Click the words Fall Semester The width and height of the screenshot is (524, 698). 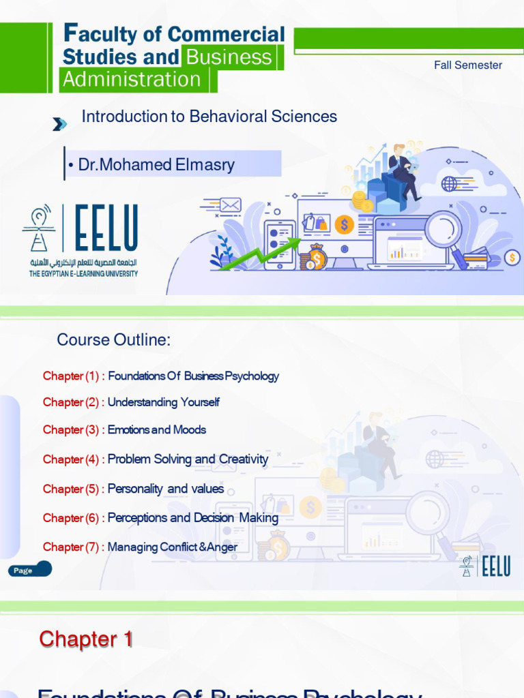[468, 65]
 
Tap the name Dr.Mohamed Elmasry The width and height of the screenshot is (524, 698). [156, 165]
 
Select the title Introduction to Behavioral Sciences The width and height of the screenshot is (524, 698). [209, 117]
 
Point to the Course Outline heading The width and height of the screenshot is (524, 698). [113, 340]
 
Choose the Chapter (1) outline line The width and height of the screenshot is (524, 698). [161, 376]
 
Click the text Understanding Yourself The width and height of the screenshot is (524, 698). [164, 402]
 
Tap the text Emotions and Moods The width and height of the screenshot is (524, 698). [157, 430]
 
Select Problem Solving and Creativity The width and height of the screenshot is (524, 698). [188, 459]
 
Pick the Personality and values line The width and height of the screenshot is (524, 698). [166, 489]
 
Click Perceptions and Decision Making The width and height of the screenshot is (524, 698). [193, 518]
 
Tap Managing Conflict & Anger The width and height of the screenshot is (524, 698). [173, 547]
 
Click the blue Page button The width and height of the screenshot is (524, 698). [30, 570]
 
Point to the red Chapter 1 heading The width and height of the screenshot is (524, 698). [86, 639]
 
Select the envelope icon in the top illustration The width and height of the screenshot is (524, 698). [231, 204]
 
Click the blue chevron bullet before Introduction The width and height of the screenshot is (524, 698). [60, 124]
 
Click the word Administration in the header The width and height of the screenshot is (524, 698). [132, 80]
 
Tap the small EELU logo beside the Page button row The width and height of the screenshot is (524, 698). [485, 566]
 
